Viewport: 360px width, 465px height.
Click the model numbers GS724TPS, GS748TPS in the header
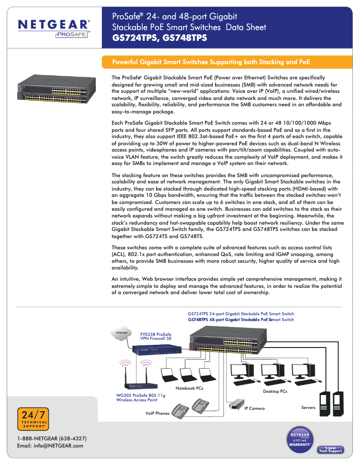click(159, 39)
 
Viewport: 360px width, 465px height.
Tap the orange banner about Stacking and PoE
click(211, 62)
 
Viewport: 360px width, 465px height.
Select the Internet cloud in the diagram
click(122, 334)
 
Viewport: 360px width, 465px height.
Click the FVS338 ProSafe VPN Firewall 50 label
click(156, 337)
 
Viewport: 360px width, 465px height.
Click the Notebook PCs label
click(189, 388)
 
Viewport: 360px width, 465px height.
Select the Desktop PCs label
click(275, 391)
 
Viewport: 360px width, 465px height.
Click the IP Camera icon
click(236, 405)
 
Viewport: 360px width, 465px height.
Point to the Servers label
click(308, 408)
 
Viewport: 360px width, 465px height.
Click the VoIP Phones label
click(157, 413)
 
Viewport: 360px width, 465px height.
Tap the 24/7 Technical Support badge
click(33, 419)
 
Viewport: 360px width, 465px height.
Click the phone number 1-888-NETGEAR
click(52, 438)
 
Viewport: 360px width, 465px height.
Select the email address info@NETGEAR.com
click(50, 446)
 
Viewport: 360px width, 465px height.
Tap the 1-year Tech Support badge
click(330, 449)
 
